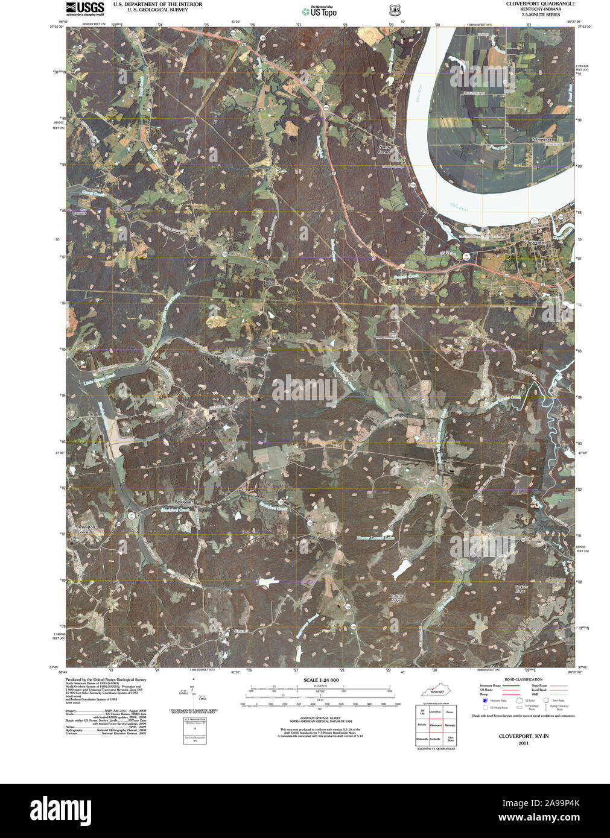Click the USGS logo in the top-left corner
point(84,8)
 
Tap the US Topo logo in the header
point(320,11)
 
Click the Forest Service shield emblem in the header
point(395,10)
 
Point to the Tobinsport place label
point(541,139)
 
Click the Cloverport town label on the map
point(535,242)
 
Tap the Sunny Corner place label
point(384,149)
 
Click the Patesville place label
point(183,502)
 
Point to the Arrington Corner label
point(86,529)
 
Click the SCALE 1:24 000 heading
point(321,680)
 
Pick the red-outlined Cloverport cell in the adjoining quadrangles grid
point(436,725)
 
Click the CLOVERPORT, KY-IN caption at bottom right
point(523,736)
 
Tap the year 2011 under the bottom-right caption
point(523,743)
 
